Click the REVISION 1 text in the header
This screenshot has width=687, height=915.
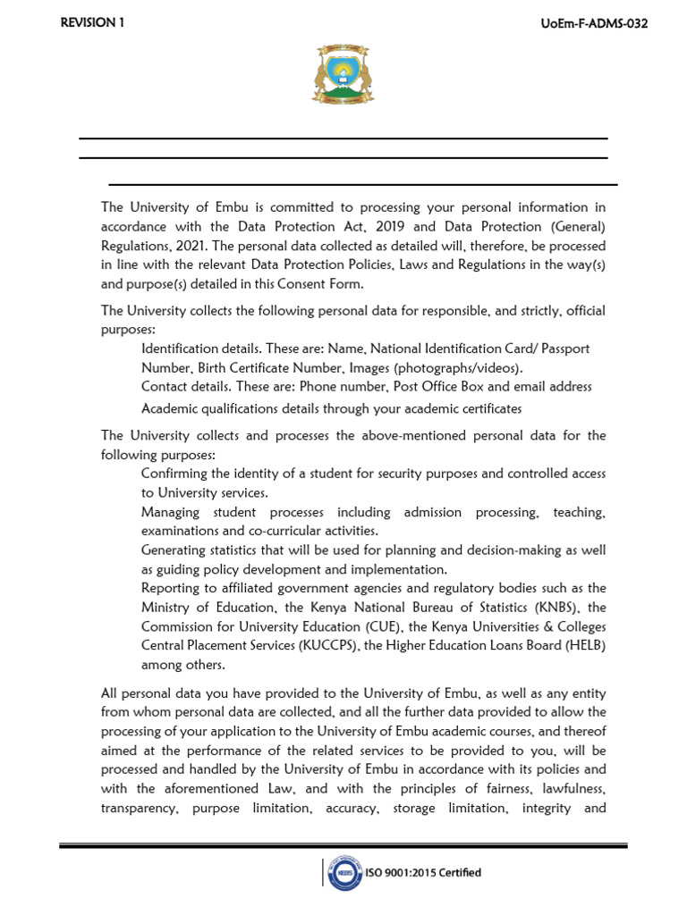(92, 23)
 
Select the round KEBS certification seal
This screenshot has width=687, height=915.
(344, 873)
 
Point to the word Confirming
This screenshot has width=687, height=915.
(174, 473)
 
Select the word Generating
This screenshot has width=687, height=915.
(175, 550)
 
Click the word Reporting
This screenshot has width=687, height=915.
(172, 587)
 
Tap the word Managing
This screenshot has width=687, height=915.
(170, 512)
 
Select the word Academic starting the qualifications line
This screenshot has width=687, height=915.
(170, 407)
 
